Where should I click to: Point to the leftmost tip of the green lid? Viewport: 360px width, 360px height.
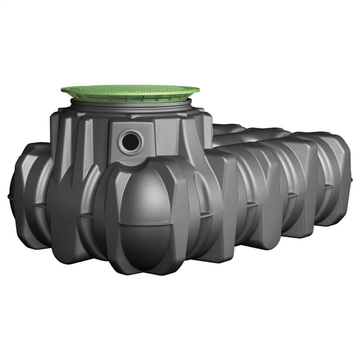click(61, 92)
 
